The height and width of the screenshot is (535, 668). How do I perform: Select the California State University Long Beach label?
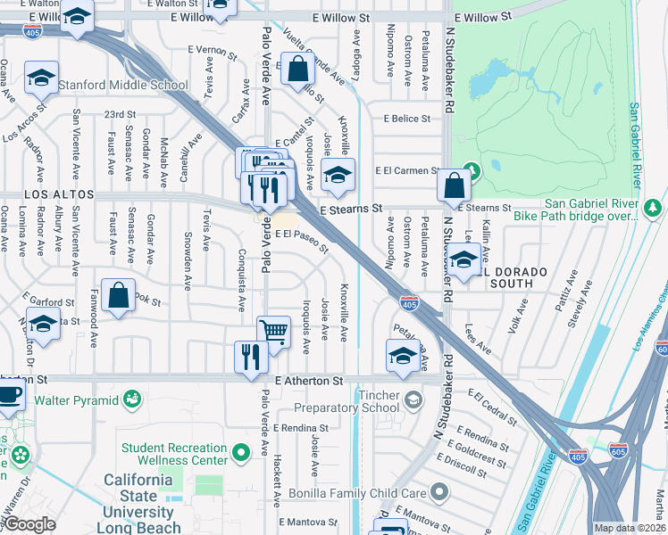[x=138, y=504]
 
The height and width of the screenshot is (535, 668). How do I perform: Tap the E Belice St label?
[x=407, y=118]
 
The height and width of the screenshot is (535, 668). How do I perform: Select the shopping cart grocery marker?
[x=274, y=333]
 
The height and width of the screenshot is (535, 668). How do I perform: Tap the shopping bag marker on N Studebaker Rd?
[x=455, y=186]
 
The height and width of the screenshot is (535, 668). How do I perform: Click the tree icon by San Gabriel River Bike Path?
[x=653, y=208]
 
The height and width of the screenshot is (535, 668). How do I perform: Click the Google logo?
[x=30, y=524]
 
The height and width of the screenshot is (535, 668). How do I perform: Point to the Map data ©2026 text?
[x=630, y=528]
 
